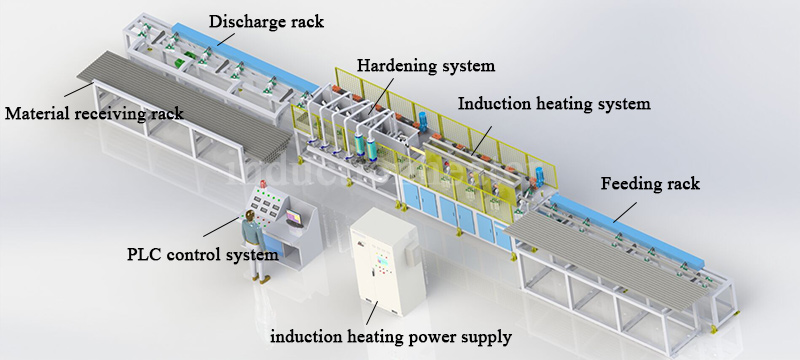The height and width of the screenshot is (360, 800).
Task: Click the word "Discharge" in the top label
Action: tap(244, 21)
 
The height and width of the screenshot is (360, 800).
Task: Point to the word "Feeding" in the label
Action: tap(631, 184)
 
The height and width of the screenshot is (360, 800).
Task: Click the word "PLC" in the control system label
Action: tap(145, 254)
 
